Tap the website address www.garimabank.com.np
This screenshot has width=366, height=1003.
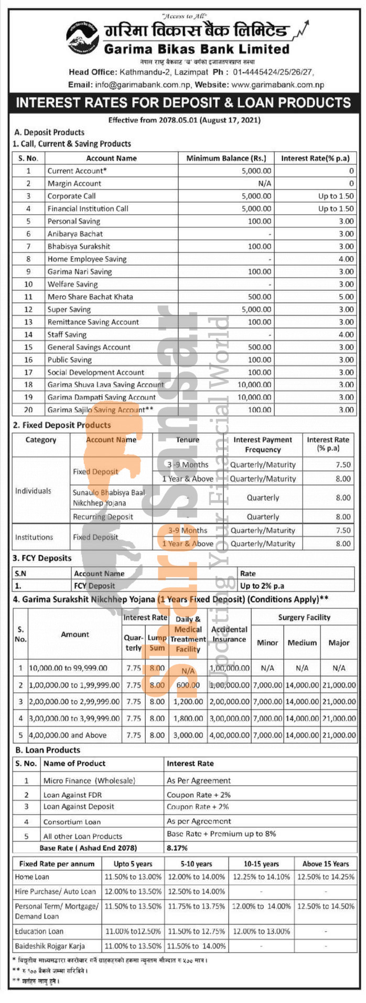pos(277,85)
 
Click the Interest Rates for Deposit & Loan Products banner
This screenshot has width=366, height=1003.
pos(183,102)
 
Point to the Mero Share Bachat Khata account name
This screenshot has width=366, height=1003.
pos(90,297)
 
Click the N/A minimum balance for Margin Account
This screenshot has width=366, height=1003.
pos(265,183)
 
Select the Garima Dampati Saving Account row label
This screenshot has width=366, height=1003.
pos(101,397)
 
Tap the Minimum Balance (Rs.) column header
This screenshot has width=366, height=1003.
pos(226,158)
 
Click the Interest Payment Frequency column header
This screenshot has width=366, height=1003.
pos(263,445)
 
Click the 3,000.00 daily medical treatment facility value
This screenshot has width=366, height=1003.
pos(188,735)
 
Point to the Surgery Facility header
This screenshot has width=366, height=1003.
pos(304,617)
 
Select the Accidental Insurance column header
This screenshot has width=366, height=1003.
pos(229,634)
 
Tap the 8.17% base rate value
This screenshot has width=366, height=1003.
pos(177,848)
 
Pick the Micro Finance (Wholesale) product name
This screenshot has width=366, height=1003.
pos(89,780)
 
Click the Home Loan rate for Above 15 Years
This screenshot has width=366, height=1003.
pos(326,877)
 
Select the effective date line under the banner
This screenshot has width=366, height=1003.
pos(184,120)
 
